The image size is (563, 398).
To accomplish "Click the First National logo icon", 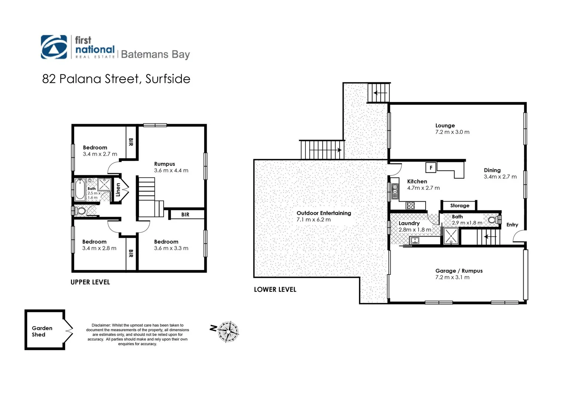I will click(x=54, y=47).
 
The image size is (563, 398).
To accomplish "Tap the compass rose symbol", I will click(x=228, y=332).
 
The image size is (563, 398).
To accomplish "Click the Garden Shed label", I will click(x=42, y=331).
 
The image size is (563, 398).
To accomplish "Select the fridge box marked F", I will click(x=431, y=168).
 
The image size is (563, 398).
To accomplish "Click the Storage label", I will click(x=459, y=206).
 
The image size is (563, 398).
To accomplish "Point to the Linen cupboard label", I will click(x=118, y=189).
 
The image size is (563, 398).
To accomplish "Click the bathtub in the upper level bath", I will click(x=80, y=189).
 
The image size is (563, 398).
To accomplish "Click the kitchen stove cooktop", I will click(x=410, y=205).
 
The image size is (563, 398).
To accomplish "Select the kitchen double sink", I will click(x=395, y=189).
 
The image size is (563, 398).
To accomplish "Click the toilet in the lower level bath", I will click(x=493, y=220).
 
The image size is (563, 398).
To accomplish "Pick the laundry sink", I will click(x=415, y=241).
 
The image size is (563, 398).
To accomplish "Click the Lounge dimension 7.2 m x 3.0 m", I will click(x=452, y=132).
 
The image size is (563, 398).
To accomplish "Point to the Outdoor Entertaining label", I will click(x=324, y=213).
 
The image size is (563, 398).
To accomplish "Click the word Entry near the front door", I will click(x=512, y=225).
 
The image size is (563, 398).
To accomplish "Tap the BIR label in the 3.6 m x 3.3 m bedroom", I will click(x=185, y=214).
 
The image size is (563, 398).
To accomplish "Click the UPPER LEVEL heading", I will click(x=90, y=282).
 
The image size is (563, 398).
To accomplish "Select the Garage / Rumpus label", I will click(x=459, y=271).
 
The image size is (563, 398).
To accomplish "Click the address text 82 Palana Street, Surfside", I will click(x=116, y=79).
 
